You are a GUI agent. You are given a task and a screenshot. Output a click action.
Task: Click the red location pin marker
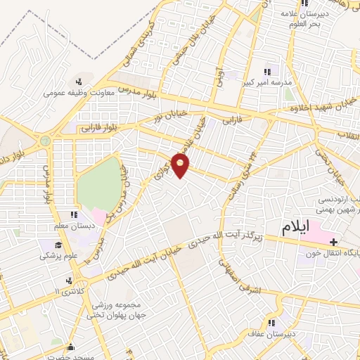point(181,166)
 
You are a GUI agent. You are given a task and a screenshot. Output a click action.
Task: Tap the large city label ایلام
point(295,228)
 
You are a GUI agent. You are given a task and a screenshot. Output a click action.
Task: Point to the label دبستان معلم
point(74,226)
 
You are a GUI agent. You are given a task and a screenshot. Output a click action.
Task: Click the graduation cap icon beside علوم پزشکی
point(58,245)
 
